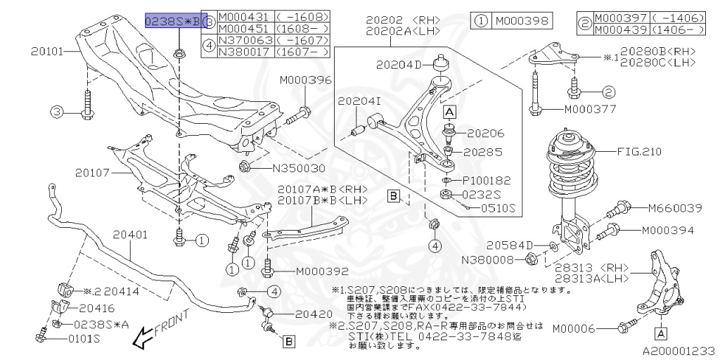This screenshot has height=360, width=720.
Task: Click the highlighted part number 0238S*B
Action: (172, 22)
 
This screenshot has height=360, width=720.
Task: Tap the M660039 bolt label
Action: (672, 207)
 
